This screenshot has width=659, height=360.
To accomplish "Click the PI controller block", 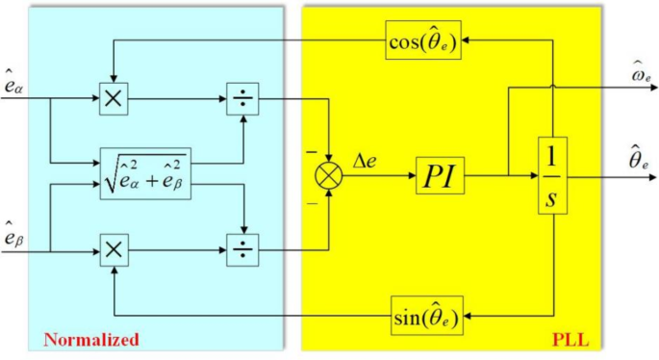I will tap(441, 177).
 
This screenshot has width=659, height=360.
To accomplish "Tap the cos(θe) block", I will tap(424, 41).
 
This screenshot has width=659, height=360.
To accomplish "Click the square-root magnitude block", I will tap(146, 174).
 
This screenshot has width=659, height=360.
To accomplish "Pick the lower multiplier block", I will tap(114, 250).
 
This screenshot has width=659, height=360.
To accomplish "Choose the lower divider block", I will tap(240, 250).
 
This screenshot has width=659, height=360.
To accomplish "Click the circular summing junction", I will tap(331, 177).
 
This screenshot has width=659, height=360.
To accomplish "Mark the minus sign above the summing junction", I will tap(311, 153).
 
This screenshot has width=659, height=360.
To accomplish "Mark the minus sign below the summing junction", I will tap(311, 203).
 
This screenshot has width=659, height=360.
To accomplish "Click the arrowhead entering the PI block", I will tap(412, 177).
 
